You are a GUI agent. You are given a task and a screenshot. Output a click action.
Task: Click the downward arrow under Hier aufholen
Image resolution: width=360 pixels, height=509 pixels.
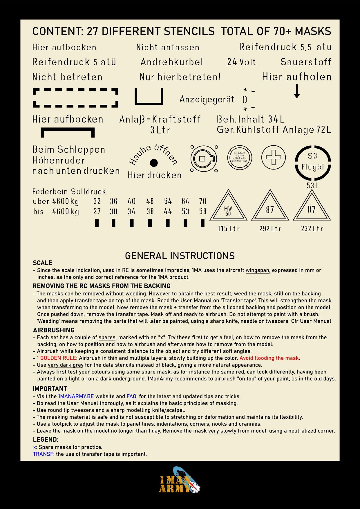click(x=296, y=91)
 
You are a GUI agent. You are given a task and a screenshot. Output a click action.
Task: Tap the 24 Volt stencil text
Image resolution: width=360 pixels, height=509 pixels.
click(x=241, y=62)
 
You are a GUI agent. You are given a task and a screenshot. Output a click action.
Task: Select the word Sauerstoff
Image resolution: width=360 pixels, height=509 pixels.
click(x=306, y=62)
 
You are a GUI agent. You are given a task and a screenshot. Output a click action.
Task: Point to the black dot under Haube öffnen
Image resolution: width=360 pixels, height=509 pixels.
click(x=154, y=163)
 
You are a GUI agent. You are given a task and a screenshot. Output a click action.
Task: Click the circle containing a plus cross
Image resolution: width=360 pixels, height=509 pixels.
click(x=273, y=158)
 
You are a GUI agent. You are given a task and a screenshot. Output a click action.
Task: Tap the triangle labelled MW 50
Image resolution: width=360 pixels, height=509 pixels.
click(x=228, y=207)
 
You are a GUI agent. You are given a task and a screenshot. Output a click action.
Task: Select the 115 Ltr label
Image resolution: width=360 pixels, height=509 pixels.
click(x=228, y=229)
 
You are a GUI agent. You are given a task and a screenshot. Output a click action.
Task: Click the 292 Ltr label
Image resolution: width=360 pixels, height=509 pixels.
click(x=270, y=229)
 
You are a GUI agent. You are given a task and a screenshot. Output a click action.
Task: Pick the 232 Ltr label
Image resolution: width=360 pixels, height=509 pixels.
click(x=312, y=229)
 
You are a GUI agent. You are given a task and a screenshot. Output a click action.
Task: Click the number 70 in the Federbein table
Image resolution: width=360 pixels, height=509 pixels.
click(x=203, y=201)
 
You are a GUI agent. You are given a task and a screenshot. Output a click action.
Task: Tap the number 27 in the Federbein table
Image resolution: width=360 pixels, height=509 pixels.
click(x=97, y=211)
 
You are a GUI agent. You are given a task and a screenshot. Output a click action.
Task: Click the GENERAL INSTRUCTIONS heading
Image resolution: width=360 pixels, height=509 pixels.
click(x=180, y=256)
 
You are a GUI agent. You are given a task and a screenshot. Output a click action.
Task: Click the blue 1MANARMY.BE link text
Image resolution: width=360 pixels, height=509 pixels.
click(x=76, y=396)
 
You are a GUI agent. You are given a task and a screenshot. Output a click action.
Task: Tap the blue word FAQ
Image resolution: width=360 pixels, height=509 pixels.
click(x=131, y=396)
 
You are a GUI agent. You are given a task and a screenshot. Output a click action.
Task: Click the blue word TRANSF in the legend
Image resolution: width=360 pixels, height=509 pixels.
click(x=43, y=454)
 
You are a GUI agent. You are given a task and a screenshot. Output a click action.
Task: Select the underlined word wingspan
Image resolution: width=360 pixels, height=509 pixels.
click(x=257, y=270)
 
